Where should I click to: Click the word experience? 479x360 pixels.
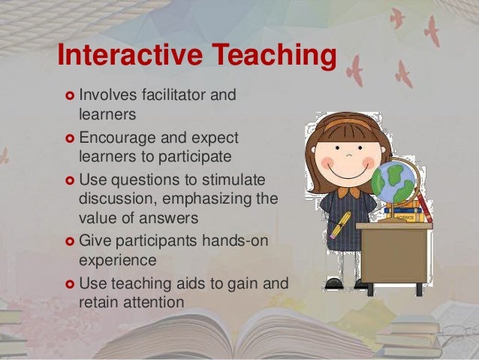117,260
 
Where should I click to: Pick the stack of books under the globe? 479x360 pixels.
409,210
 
